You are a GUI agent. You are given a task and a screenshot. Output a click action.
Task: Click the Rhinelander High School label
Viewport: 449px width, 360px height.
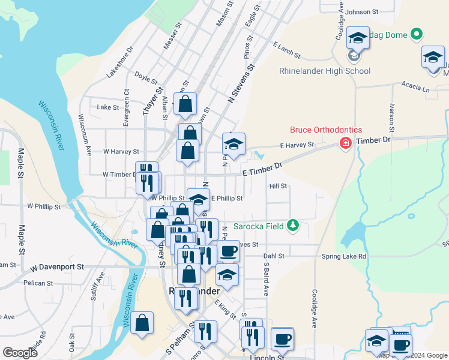(325, 71)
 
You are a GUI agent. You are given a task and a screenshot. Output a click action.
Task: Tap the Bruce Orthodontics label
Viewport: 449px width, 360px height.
(326, 130)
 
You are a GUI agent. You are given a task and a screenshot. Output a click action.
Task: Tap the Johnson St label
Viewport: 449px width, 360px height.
(362, 11)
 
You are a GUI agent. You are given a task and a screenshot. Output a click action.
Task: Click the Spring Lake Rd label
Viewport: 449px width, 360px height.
(344, 256)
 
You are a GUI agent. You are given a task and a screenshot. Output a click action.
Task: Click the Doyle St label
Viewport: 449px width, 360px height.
(146, 79)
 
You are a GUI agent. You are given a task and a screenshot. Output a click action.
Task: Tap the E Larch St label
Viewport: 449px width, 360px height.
(286, 50)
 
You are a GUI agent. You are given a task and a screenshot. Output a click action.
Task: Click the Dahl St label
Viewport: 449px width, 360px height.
(273, 256)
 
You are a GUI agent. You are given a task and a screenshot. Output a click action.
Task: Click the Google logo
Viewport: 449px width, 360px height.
(20, 353)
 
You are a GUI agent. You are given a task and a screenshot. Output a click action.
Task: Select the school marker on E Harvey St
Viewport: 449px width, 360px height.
(234, 144)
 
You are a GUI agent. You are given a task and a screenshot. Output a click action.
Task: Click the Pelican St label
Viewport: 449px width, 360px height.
(38, 283)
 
